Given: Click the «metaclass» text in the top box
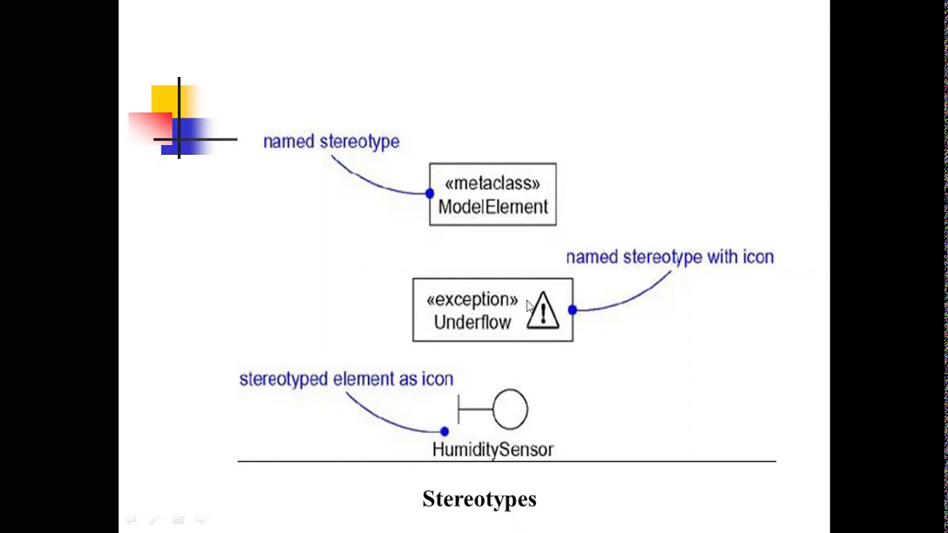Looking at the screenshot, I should tap(493, 184).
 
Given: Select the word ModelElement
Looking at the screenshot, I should tap(493, 207).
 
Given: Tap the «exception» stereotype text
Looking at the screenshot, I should tap(472, 300).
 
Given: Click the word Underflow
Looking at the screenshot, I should tap(472, 323).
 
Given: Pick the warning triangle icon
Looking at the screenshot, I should tap(543, 311).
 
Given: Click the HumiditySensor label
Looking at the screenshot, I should tap(493, 449).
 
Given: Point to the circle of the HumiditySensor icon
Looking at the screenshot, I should tap(510, 409).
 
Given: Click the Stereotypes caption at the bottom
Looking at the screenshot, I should tap(479, 499).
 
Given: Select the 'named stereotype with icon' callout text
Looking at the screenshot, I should tap(670, 257).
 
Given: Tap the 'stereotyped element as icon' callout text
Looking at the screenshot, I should tap(346, 379).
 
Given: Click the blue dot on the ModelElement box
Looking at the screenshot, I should tap(430, 193).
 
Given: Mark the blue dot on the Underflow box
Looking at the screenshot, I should tap(572, 310).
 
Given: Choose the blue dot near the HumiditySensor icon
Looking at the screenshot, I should tap(444, 431).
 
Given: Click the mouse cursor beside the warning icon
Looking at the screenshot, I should tap(530, 306).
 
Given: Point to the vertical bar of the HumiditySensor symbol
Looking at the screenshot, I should tap(458, 409).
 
